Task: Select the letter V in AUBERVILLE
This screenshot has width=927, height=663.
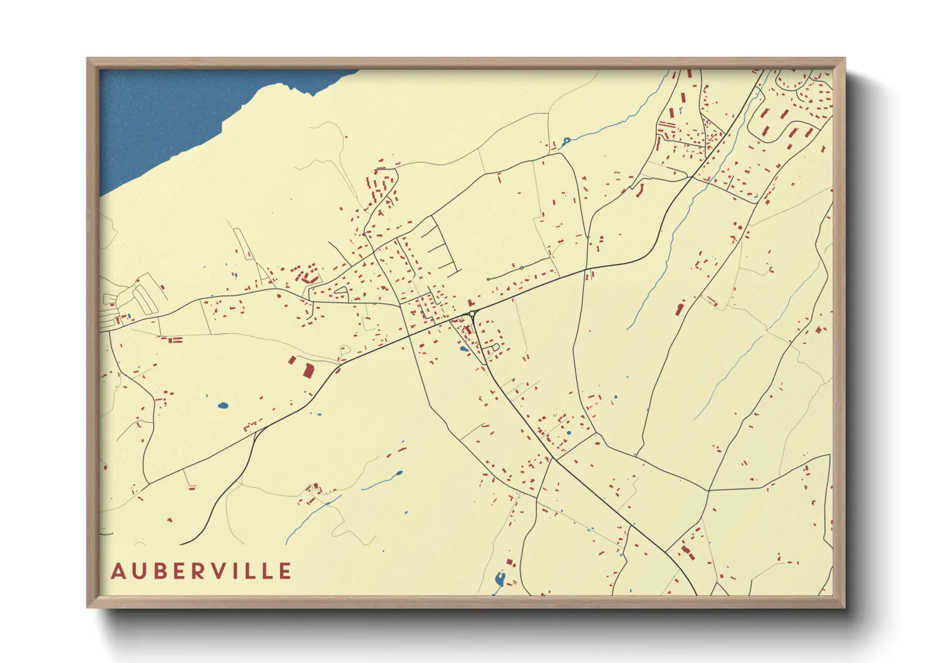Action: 219,572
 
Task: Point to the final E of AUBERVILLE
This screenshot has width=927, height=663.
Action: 286,572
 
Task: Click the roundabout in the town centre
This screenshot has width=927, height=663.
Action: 472,314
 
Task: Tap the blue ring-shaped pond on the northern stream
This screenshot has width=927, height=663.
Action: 566,140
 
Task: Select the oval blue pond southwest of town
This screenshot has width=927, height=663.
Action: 222,405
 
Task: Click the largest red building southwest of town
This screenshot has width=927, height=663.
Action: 308,370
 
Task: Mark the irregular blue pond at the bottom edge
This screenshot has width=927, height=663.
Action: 499,580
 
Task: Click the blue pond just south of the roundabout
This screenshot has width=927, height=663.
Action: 463,349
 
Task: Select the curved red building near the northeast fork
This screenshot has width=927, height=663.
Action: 639,189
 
